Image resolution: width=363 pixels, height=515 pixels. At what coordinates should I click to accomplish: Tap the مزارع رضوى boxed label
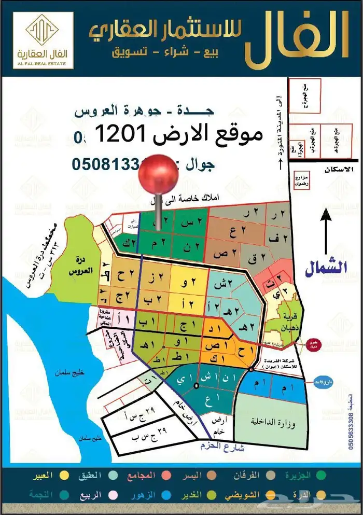(x=301, y=179)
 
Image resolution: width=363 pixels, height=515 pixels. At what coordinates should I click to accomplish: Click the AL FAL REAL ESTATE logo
(x=44, y=40)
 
